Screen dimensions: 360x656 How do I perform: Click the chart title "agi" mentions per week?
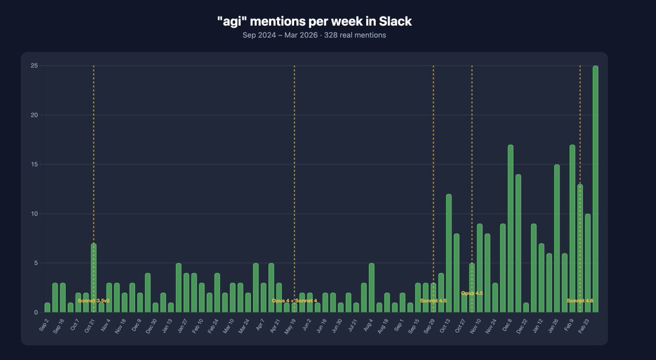(314, 21)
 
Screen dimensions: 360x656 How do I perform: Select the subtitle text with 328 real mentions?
(314, 36)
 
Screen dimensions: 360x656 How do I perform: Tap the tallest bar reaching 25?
(595, 189)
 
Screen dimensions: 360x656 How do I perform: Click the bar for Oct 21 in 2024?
(93, 278)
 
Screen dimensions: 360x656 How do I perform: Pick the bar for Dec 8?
(510, 228)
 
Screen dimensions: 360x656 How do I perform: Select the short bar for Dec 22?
(526, 308)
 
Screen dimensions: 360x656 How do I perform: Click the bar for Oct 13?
(448, 253)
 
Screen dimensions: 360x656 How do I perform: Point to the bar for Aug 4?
(372, 288)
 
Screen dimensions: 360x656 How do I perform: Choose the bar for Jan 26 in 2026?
(557, 238)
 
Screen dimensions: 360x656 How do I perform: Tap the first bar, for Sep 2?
(48, 308)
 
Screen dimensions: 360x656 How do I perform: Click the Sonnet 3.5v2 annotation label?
(93, 300)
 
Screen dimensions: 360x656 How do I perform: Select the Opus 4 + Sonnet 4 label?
(294, 300)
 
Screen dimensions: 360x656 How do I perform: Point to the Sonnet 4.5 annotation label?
(433, 300)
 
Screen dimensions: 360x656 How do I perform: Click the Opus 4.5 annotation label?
(472, 293)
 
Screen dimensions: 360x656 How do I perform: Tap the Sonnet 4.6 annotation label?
(579, 300)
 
